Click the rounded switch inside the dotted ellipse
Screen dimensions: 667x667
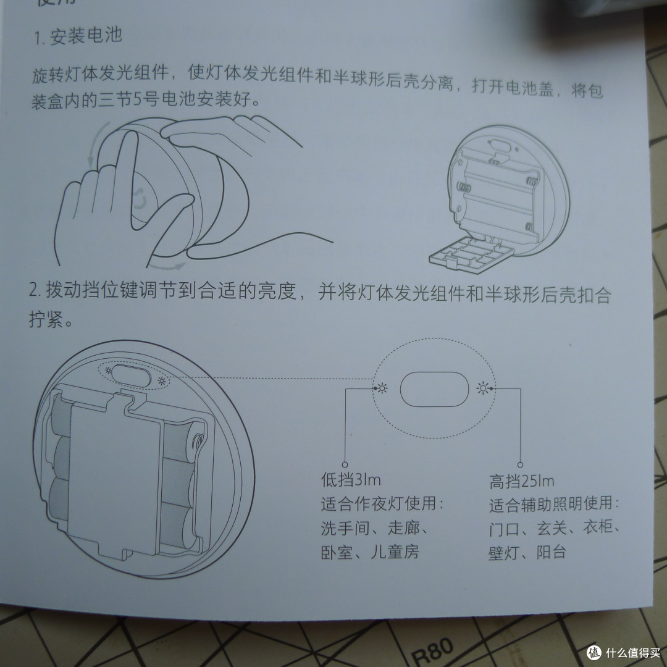432,389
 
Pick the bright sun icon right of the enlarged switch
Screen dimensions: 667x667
484,388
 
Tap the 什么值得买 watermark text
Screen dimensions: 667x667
630,652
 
